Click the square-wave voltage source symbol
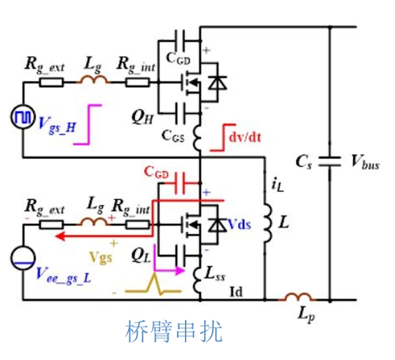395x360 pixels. [x=23, y=117]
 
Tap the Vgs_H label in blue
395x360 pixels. [x=57, y=126]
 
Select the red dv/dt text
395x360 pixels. [x=245, y=137]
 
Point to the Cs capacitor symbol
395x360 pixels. [x=330, y=161]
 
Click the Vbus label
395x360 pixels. [x=365, y=161]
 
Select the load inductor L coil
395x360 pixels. [x=268, y=223]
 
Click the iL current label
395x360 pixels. [x=277, y=185]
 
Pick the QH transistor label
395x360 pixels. [x=143, y=118]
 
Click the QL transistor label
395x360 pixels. [x=141, y=256]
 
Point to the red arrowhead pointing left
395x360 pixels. [x=61, y=236]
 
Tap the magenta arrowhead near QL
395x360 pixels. [x=180, y=271]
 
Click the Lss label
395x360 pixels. [x=215, y=273]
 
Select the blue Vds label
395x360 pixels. [x=239, y=224]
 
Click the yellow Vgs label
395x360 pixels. [x=101, y=258]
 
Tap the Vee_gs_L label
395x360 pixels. [x=63, y=275]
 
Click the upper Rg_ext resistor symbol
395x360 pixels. [x=52, y=83]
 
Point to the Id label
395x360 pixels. [x=236, y=292]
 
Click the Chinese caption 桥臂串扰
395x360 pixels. [x=174, y=331]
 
